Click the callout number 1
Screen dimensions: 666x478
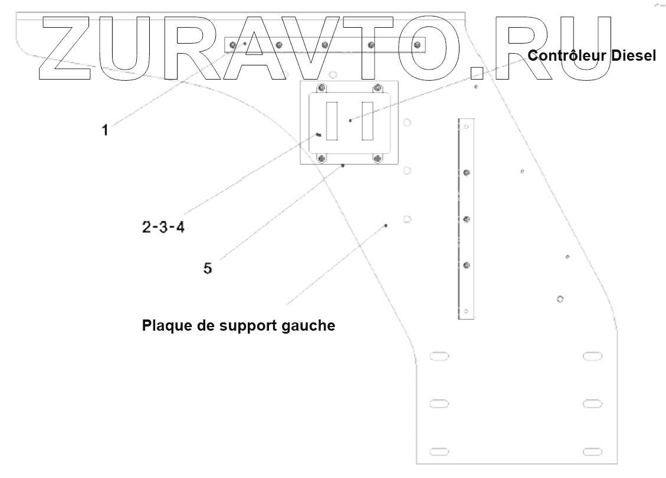click(x=105, y=130)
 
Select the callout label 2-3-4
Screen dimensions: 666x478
click(x=163, y=227)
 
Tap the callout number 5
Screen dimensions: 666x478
click(x=208, y=269)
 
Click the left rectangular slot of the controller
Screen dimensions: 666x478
click(x=332, y=121)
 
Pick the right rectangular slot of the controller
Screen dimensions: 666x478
click(x=368, y=121)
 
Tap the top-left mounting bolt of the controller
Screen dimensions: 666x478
click(x=321, y=88)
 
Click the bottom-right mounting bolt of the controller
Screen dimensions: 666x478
click(x=378, y=158)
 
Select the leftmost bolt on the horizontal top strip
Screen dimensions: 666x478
click(x=234, y=45)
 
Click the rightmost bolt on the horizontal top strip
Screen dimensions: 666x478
click(x=418, y=45)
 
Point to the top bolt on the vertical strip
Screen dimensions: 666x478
click(x=467, y=173)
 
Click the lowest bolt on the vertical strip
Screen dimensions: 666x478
click(x=467, y=265)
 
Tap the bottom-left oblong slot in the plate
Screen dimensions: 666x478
click(x=439, y=451)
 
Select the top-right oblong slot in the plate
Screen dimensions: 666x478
click(x=592, y=356)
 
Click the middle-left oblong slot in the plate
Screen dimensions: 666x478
click(x=439, y=404)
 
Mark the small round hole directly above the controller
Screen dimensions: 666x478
click(x=333, y=75)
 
